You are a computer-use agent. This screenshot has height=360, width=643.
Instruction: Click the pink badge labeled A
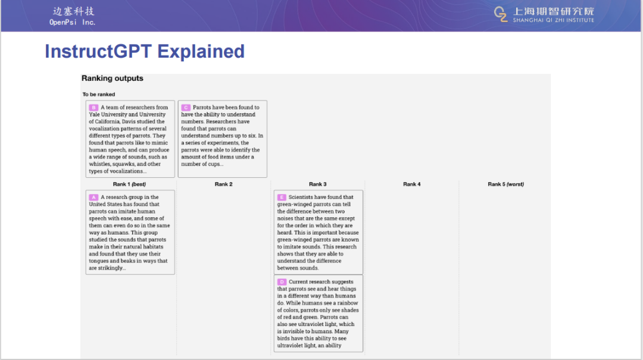93,197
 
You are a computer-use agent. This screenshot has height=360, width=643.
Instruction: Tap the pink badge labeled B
93,108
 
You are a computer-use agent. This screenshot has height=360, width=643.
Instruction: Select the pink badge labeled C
186,108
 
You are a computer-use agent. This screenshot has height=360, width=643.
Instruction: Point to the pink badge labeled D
282,282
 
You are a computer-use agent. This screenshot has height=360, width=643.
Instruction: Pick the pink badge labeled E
282,197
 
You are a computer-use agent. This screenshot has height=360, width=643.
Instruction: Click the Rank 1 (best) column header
129,184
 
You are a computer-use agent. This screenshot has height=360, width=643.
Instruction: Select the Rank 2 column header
223,184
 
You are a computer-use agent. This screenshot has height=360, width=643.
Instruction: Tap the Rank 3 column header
318,184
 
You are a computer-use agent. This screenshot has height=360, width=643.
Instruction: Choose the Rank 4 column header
412,184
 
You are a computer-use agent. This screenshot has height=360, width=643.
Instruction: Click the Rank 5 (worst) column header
505,184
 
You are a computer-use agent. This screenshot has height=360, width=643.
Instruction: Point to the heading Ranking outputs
113,79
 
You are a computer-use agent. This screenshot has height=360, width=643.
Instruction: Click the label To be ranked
99,94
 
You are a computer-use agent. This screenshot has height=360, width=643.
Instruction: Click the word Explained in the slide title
201,52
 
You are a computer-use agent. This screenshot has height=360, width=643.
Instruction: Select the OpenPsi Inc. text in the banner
73,22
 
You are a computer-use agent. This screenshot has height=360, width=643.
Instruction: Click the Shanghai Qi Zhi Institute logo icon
500,14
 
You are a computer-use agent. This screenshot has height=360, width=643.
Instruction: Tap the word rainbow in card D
348,303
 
